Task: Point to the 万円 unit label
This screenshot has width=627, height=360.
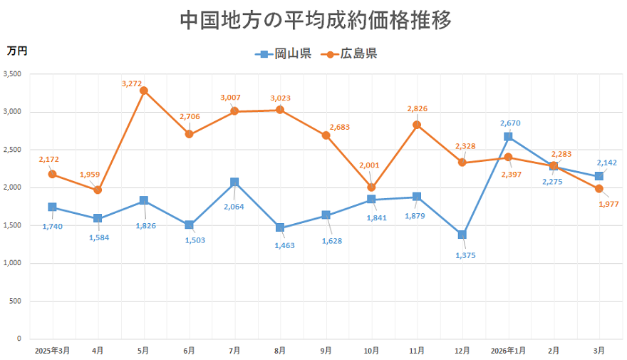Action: [17, 51]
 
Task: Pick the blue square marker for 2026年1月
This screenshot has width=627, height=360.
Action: [508, 136]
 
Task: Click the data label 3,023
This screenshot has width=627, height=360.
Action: [281, 98]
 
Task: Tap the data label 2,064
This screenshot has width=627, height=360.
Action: [234, 207]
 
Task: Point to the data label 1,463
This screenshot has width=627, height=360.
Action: [281, 245]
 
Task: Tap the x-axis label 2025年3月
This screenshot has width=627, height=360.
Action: [52, 351]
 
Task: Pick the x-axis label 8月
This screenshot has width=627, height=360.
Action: [280, 351]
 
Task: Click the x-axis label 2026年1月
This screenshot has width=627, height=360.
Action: [508, 351]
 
